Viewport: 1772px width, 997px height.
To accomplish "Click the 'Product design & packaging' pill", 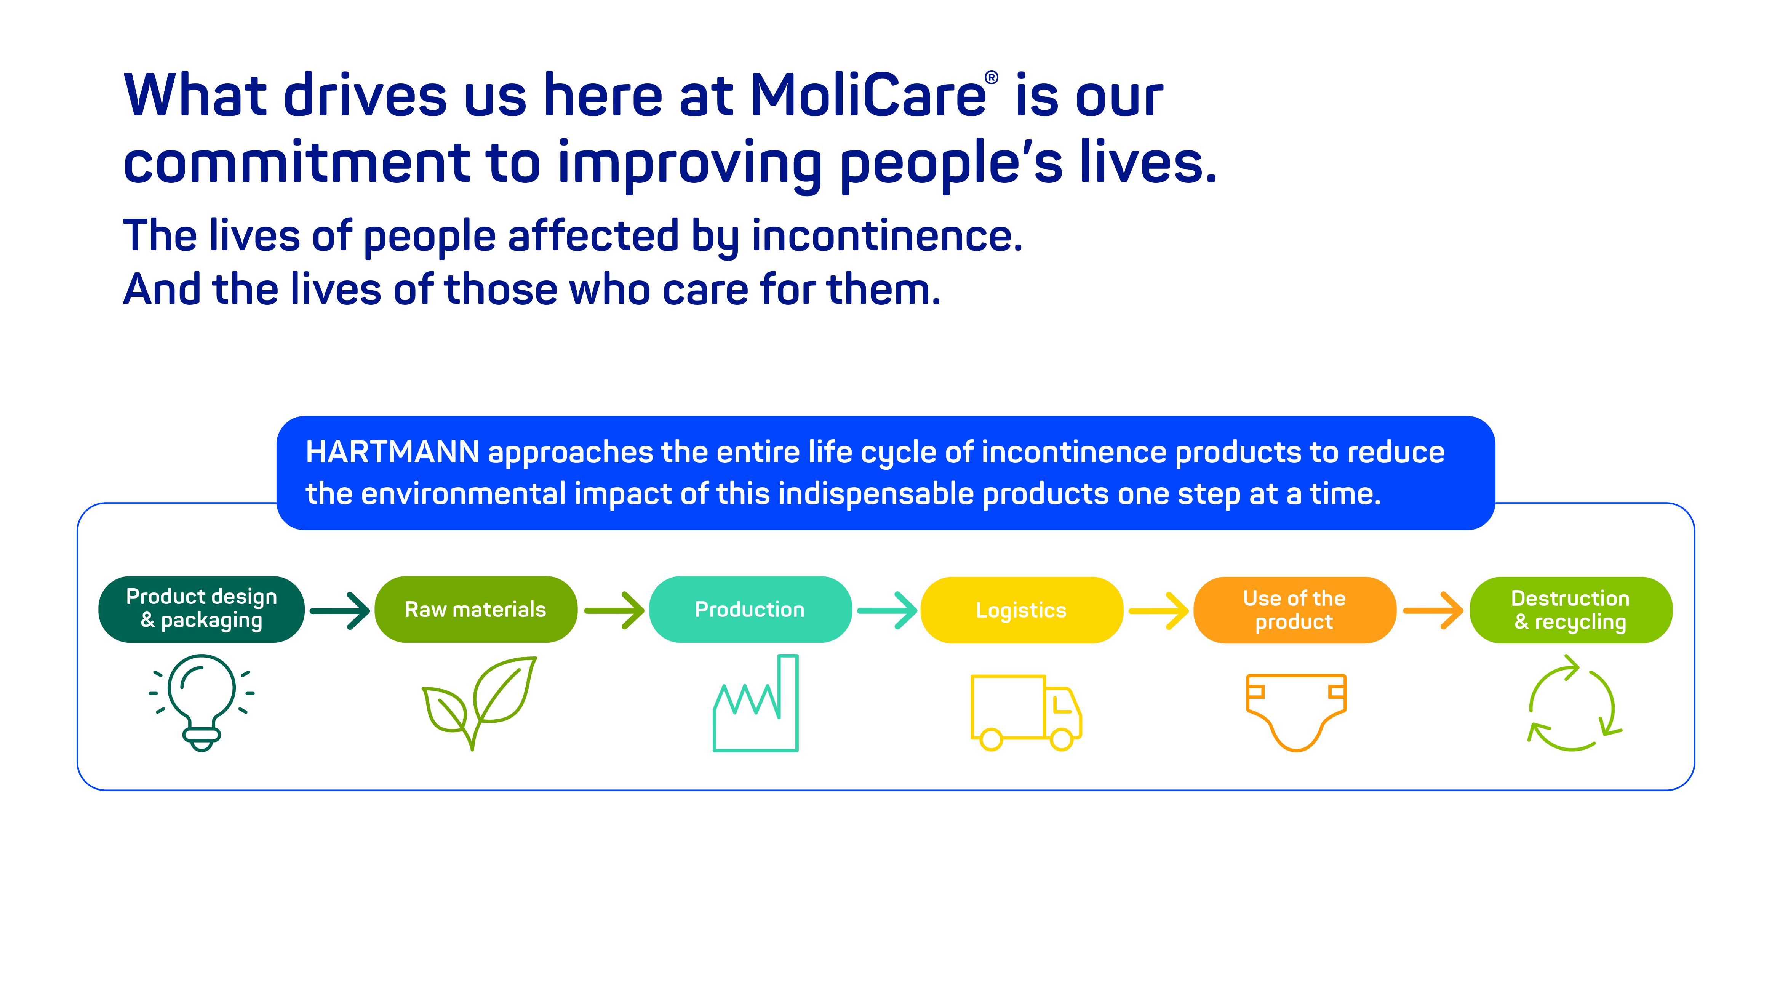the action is (201, 609).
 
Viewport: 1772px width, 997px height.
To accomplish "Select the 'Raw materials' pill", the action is (475, 609).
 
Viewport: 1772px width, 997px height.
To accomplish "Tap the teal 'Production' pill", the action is (750, 609).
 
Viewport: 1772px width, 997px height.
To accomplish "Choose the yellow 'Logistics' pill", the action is (1022, 610).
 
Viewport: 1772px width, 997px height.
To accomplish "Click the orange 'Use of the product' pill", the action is (1295, 610).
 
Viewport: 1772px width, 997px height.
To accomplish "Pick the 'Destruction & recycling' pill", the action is (1570, 610).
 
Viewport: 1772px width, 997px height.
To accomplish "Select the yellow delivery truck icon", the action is (1026, 712).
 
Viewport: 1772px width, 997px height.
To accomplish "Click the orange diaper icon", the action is (1296, 712).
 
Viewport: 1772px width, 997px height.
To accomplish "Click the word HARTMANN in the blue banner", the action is (392, 452).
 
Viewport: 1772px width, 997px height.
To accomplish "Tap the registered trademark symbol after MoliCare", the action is (991, 78).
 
